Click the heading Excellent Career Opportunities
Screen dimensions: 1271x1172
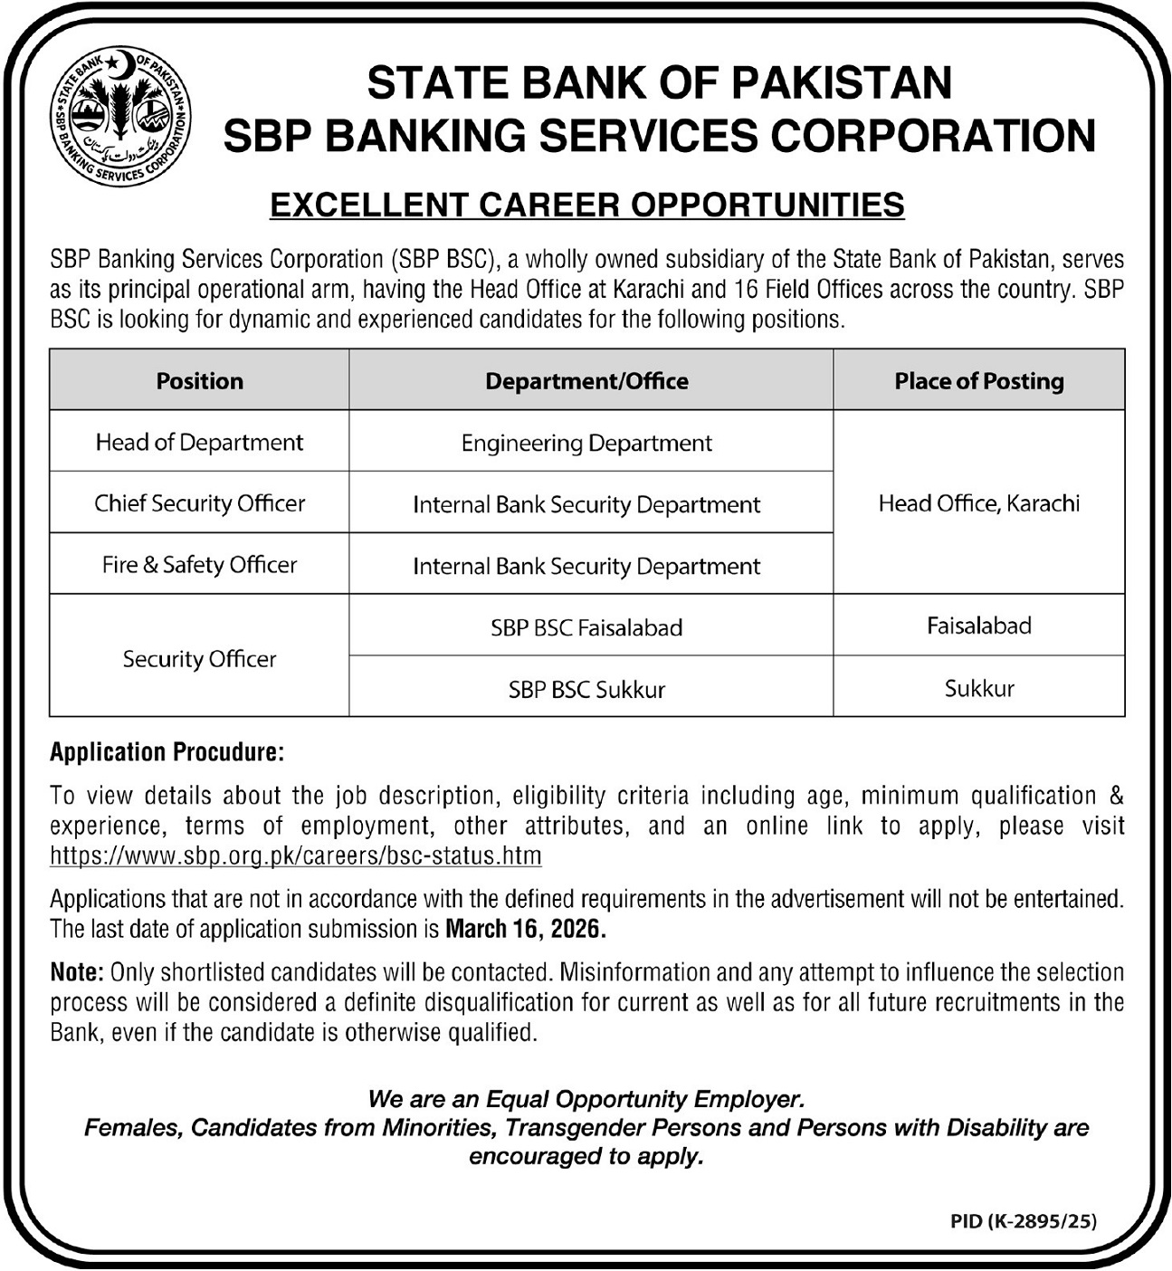(x=586, y=205)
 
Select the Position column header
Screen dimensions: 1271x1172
(x=199, y=381)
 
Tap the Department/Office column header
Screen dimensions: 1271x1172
(x=586, y=381)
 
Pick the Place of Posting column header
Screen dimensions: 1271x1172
(x=978, y=381)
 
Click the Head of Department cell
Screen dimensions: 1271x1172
(x=199, y=443)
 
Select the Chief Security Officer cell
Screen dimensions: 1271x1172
(x=199, y=503)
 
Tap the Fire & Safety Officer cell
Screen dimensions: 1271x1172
(x=199, y=565)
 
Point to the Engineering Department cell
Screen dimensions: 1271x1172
(x=586, y=444)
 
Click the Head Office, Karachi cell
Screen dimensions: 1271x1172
(x=978, y=503)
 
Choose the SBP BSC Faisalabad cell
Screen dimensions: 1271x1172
(x=586, y=627)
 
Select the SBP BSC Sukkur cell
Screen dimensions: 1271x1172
(x=586, y=690)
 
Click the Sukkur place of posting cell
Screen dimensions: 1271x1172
(x=978, y=689)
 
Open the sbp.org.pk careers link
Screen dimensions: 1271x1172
(x=295, y=855)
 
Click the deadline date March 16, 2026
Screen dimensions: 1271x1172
(x=525, y=930)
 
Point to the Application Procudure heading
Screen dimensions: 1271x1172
(x=167, y=752)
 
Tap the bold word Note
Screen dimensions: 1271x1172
(x=77, y=973)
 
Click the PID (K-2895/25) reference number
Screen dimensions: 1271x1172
(x=1023, y=1221)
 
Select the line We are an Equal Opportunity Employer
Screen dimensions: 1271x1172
(x=586, y=1100)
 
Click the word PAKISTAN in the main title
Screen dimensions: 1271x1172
(x=841, y=83)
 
